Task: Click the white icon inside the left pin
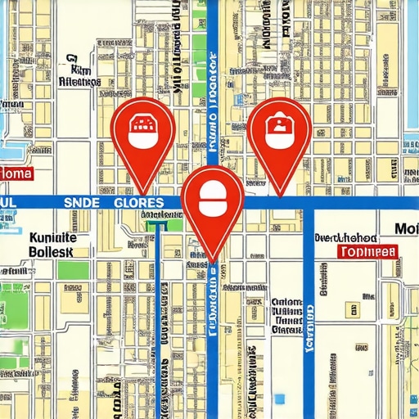pos(142,129)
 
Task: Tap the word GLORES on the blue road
pos(138,202)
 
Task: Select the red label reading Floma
pos(16,174)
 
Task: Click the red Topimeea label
pos(367,251)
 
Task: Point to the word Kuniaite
pos(52,237)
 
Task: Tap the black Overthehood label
pos(356,237)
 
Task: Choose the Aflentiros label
pos(80,82)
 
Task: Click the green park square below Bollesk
pos(74,270)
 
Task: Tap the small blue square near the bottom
pos(279,399)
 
